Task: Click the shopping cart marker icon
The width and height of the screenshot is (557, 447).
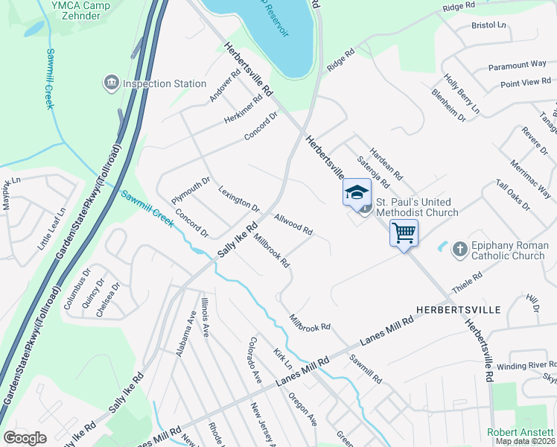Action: (x=404, y=233)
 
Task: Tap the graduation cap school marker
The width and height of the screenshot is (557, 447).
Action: (x=357, y=192)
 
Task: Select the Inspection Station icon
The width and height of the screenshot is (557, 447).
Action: (x=112, y=82)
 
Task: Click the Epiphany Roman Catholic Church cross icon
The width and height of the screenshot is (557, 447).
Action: (x=459, y=250)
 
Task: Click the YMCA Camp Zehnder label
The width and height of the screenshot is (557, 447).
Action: (x=76, y=10)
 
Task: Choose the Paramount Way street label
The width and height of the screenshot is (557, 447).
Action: (x=518, y=66)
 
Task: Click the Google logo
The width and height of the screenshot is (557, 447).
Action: (x=25, y=438)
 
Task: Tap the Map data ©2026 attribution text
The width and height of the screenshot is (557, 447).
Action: (x=526, y=441)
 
